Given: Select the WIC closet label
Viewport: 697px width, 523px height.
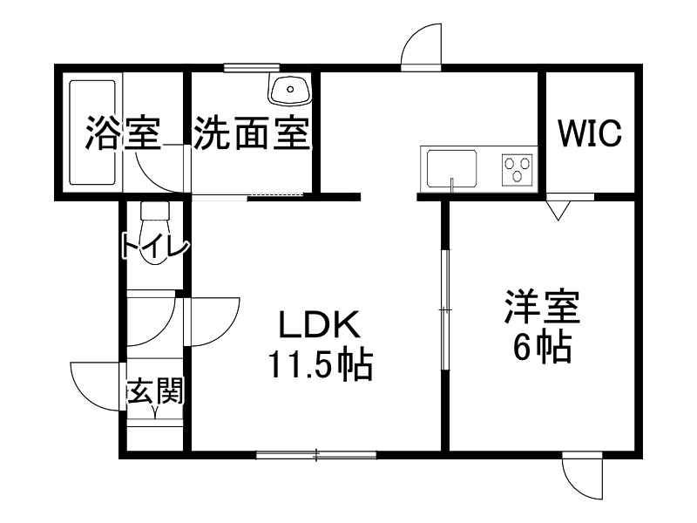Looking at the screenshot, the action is click(590, 133).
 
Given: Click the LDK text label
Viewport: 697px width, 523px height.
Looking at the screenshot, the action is click(318, 326).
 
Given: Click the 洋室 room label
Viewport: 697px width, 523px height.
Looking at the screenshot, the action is click(541, 309).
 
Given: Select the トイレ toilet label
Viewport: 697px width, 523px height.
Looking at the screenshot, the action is click(154, 247).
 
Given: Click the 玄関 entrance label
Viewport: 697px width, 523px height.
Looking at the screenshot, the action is click(154, 392).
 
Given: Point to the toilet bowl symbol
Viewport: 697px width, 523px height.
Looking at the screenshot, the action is click(154, 218).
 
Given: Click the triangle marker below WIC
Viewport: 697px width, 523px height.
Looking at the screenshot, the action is click(558, 209).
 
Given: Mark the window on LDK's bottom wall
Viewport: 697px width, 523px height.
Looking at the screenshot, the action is click(316, 454).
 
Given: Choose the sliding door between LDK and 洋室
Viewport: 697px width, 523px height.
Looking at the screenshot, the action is click(443, 309).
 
